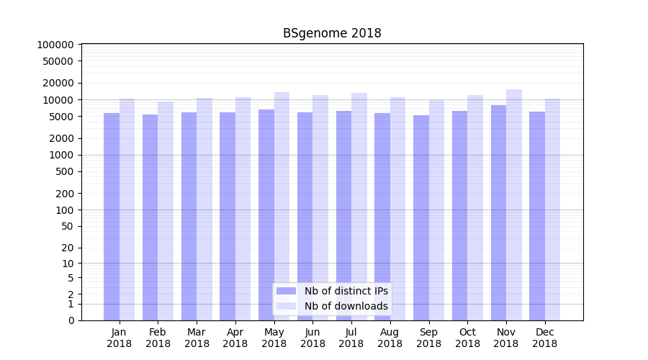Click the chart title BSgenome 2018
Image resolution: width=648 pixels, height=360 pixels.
click(332, 33)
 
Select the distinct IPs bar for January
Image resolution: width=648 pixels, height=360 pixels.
click(112, 216)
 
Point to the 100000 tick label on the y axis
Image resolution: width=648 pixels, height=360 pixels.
click(55, 45)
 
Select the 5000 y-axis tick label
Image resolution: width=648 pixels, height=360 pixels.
click(60, 117)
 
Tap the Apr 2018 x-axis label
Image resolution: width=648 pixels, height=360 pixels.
click(235, 338)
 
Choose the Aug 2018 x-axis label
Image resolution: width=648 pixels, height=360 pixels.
click(390, 338)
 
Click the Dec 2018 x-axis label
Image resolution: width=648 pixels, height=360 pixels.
click(544, 338)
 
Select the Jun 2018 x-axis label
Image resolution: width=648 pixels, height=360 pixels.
click(312, 338)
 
